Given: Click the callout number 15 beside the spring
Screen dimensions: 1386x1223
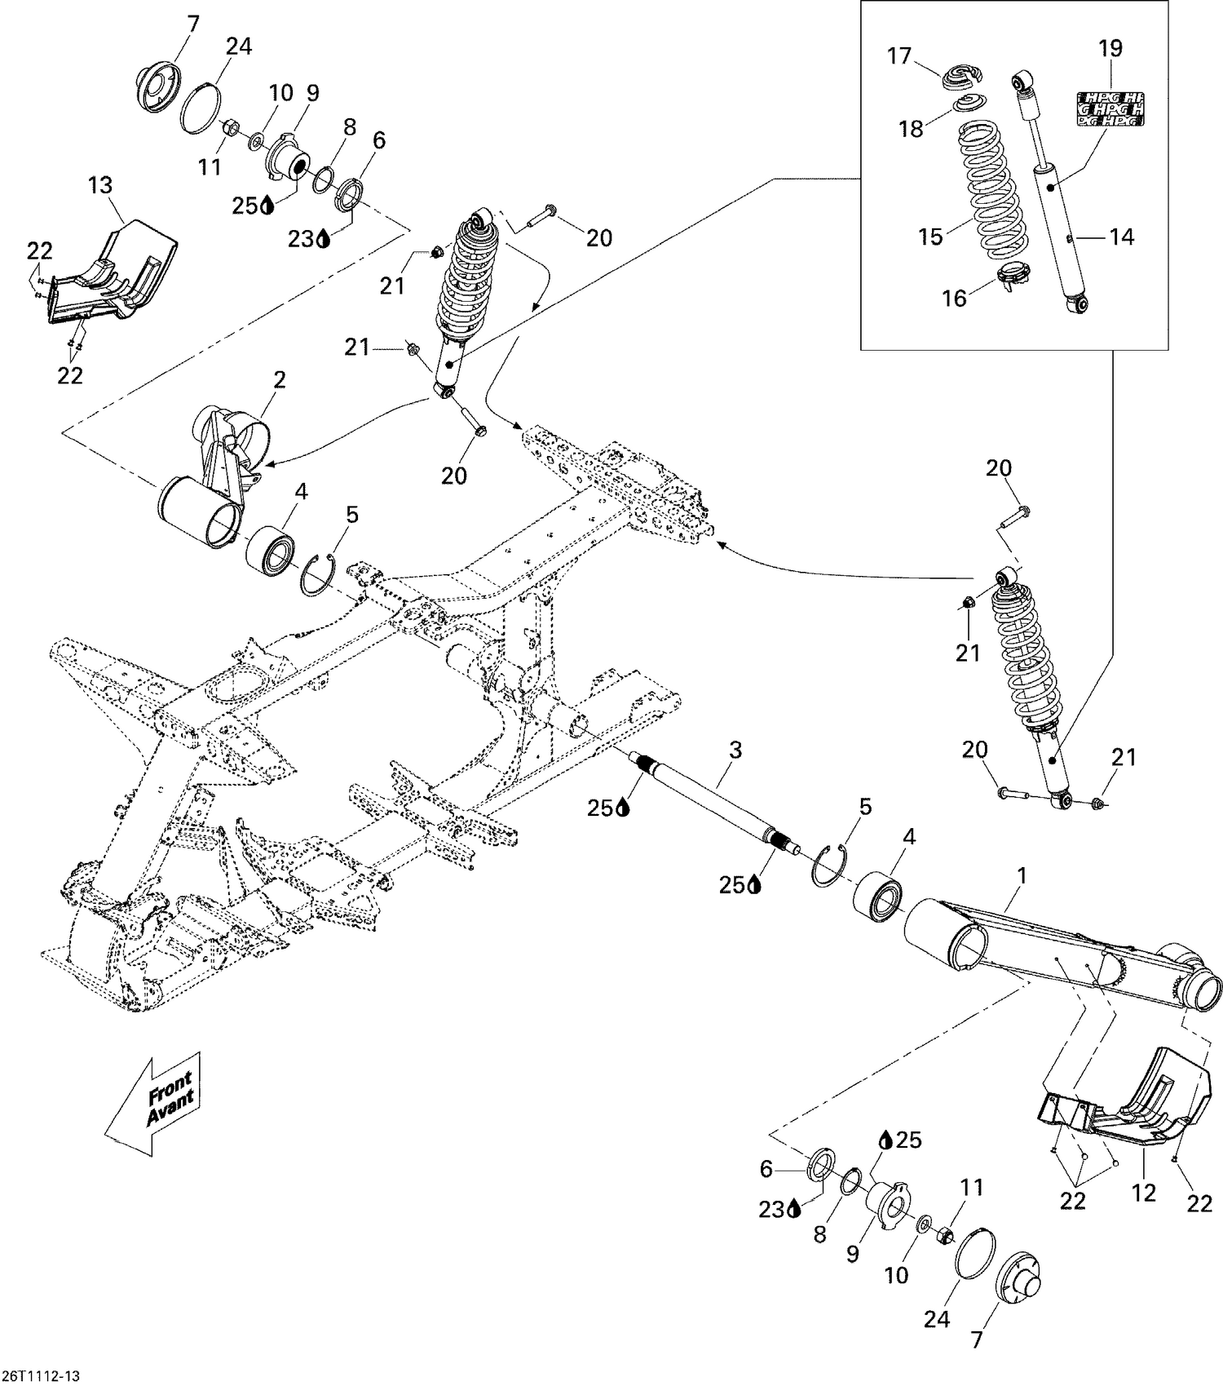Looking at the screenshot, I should (x=930, y=237).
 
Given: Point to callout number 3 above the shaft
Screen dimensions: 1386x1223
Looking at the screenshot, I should (x=735, y=750).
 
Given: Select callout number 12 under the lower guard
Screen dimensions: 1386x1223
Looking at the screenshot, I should (x=1144, y=1193).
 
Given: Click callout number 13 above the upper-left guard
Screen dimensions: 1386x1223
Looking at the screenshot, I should (x=101, y=185).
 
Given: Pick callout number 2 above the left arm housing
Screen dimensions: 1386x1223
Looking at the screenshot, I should (x=280, y=379).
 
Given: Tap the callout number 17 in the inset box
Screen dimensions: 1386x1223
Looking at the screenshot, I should (x=899, y=56).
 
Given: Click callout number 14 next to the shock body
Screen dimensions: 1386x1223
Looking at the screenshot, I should (x=1122, y=237).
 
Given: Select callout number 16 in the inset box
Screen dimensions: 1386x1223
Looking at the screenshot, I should (x=954, y=298).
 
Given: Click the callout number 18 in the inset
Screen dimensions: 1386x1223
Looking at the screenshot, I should (x=912, y=128).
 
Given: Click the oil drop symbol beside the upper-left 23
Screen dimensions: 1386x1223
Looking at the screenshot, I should (x=324, y=238).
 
